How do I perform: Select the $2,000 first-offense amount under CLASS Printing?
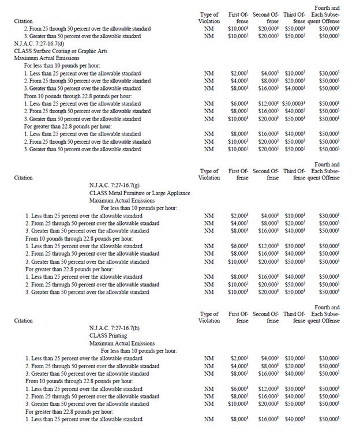point(239,358)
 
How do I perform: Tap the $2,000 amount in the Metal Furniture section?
point(239,216)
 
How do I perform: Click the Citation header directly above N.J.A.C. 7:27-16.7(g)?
point(24,178)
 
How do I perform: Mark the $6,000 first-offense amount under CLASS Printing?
point(239,388)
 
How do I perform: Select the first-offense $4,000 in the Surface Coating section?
point(239,81)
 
